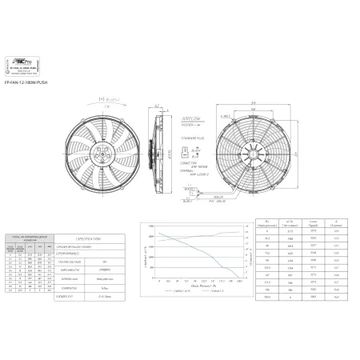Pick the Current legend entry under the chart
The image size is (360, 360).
[219, 293]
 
